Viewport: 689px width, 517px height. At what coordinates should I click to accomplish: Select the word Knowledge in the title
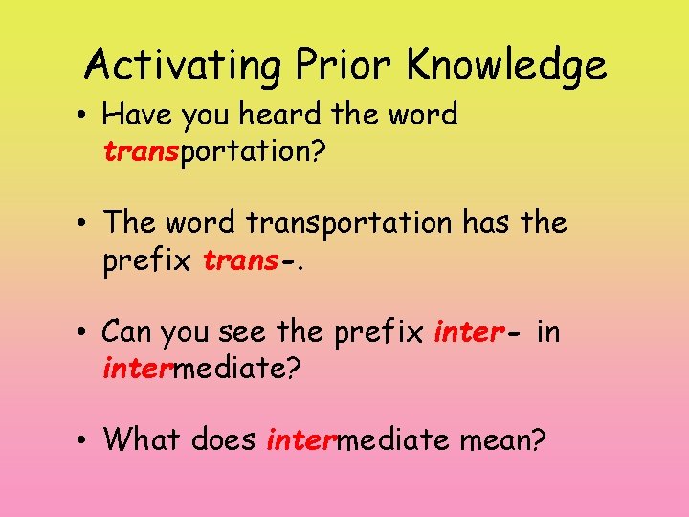pos(506,66)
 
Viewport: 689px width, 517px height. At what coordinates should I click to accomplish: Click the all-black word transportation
pos(347,223)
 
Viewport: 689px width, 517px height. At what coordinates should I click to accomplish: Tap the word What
pos(143,439)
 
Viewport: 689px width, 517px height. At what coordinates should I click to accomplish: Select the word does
pos(225,439)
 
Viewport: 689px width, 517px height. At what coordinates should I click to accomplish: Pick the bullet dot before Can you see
pos(85,333)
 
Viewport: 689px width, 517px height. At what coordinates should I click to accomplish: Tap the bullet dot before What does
pos(85,441)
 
